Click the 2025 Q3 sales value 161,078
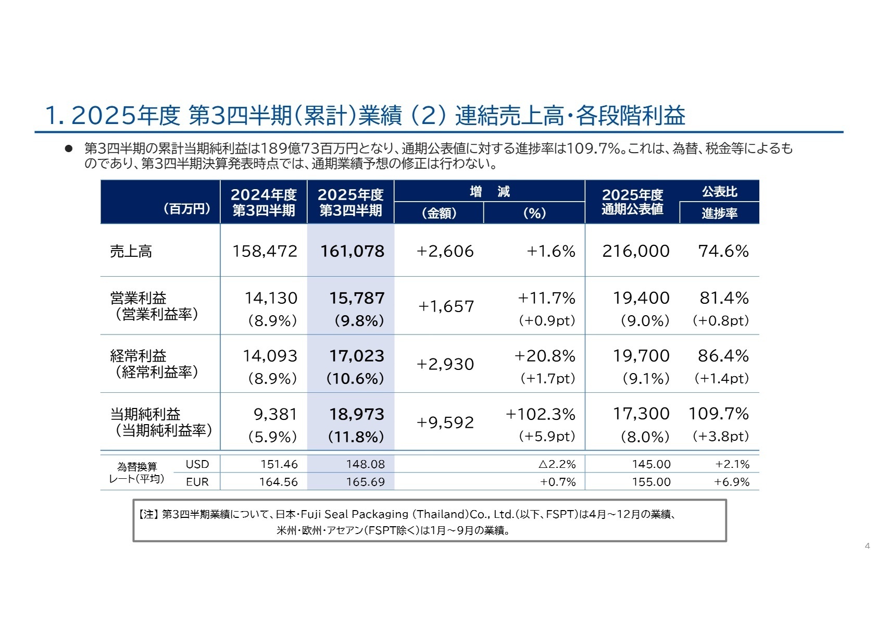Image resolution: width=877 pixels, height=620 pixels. [352, 251]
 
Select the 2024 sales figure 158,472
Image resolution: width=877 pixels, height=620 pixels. [265, 251]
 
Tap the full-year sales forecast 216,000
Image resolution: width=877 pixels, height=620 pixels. [635, 251]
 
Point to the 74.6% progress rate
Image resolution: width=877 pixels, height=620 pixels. [723, 251]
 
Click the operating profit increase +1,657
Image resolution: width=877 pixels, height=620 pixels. [446, 306]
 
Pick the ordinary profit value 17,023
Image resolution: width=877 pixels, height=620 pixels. [356, 356]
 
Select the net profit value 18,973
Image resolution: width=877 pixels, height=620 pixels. [356, 414]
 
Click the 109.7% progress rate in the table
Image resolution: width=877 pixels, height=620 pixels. [718, 414]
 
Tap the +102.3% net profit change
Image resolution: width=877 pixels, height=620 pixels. [540, 414]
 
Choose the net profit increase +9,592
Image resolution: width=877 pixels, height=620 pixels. [445, 423]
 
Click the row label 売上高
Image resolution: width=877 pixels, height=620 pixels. [131, 252]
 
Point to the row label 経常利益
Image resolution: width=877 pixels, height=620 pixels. [138, 356]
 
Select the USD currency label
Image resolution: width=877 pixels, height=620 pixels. [197, 464]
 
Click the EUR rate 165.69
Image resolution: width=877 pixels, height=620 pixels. [365, 482]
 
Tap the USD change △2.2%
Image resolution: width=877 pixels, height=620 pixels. [557, 464]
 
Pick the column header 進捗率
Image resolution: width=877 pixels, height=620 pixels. [719, 213]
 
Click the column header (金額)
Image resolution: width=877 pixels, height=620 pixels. [438, 213]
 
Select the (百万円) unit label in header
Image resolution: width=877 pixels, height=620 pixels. [186, 209]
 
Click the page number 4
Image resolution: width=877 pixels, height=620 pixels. [867, 546]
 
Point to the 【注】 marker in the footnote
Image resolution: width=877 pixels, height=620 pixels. [148, 515]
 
